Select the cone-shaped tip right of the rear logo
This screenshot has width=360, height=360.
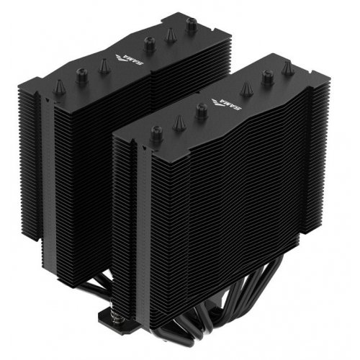coord(171,33)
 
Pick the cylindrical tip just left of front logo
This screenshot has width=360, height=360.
coord(201,110)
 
